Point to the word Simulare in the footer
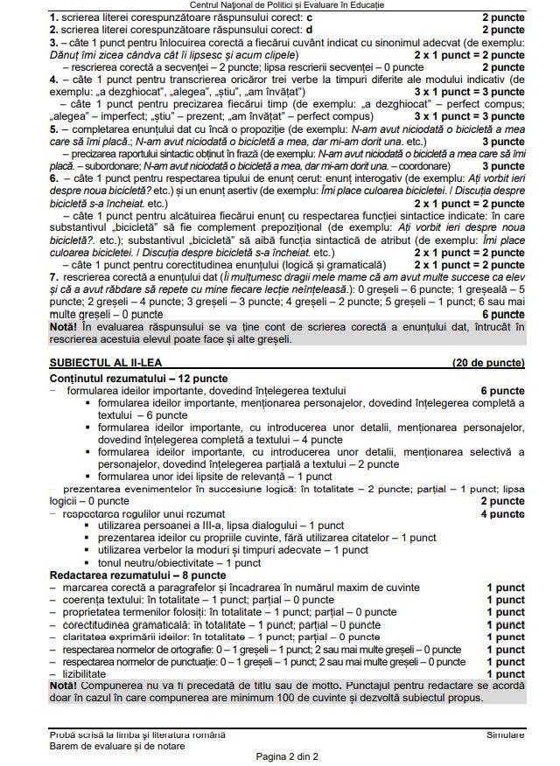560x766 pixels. point(506,735)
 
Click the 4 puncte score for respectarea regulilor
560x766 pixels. point(502,513)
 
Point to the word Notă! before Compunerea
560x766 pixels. point(65,686)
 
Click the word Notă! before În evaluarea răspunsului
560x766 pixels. point(65,325)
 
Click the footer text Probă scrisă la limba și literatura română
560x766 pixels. point(137,735)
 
